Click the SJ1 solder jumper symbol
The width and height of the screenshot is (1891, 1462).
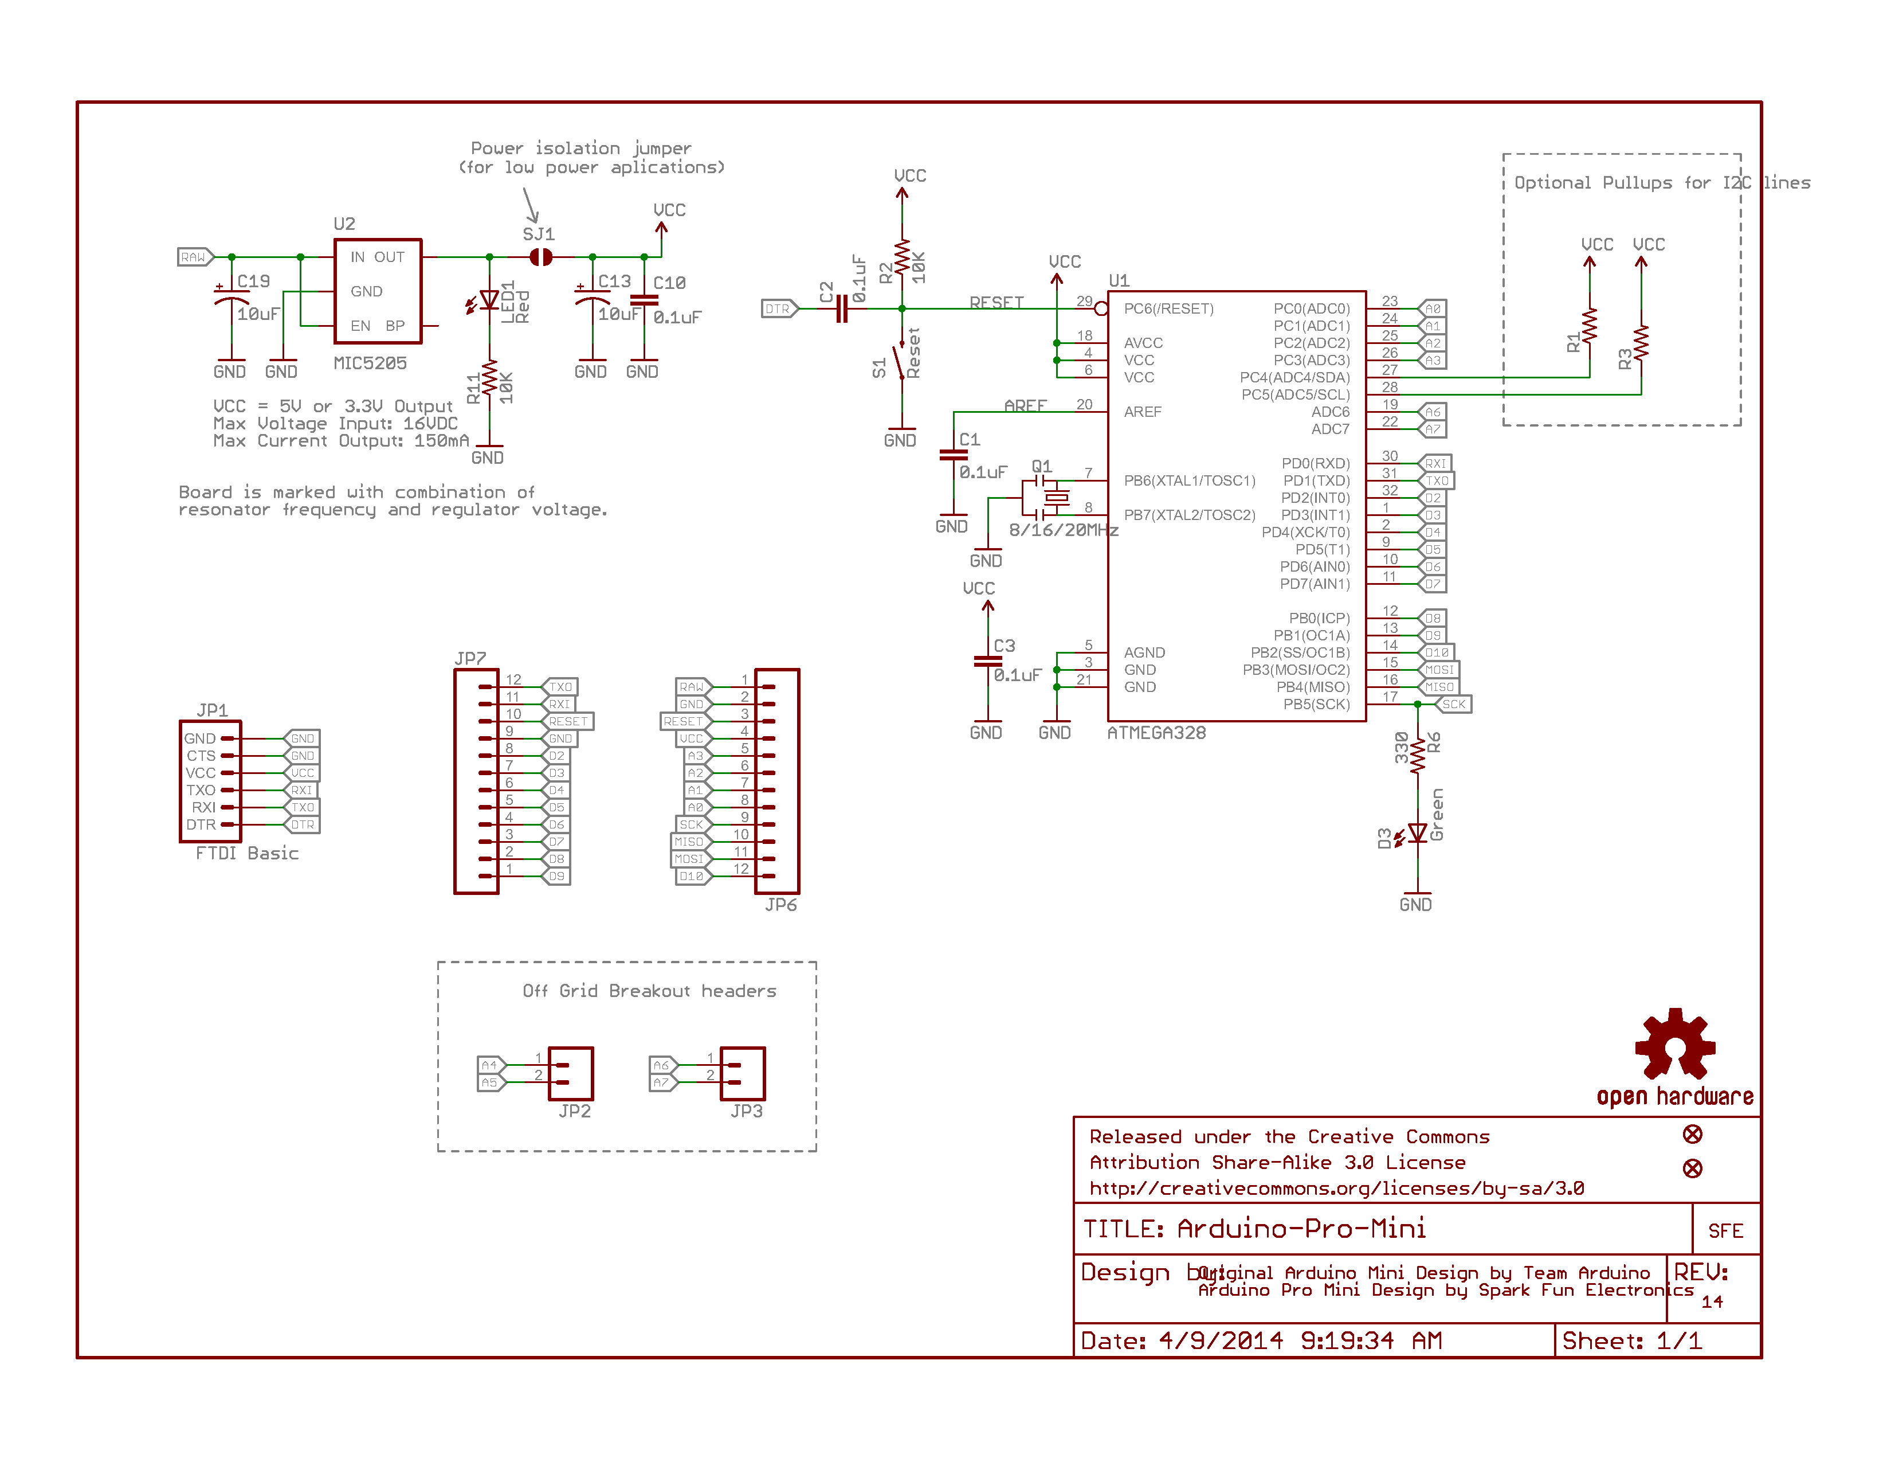pos(540,257)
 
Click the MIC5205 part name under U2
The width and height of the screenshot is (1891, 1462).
pos(370,363)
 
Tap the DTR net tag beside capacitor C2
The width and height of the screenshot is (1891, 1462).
pos(778,309)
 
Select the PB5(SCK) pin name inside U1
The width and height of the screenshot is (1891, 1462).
pos(1316,704)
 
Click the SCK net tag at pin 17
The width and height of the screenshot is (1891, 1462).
pos(1454,704)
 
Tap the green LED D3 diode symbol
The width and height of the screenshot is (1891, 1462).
pos(1417,833)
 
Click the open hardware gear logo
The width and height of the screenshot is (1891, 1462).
pos(1674,1045)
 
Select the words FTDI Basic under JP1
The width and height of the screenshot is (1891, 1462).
pos(247,853)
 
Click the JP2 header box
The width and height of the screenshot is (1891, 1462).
pos(571,1074)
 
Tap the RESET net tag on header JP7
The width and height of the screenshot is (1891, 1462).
pos(568,721)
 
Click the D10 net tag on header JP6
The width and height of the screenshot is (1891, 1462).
pos(692,877)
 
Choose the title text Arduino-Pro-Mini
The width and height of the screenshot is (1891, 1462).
pos(1301,1229)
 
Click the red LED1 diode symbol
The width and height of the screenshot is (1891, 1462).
pos(489,300)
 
